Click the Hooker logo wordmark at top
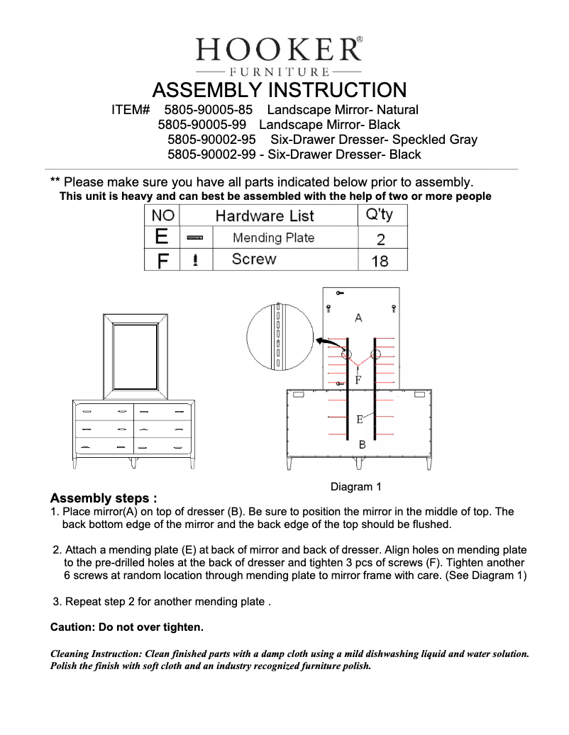point(279,50)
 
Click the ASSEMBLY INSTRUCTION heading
point(280,91)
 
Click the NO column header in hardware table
point(162,215)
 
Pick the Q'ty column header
point(379,215)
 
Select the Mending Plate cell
point(273,238)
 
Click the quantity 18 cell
point(380,261)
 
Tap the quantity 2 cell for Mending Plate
point(381,239)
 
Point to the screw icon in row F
point(195,260)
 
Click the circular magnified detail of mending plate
point(280,337)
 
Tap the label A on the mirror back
point(358,318)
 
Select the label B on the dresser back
point(362,445)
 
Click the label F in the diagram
point(358,380)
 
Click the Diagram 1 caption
point(356,487)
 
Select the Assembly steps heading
point(104,498)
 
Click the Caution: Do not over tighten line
point(127,627)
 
